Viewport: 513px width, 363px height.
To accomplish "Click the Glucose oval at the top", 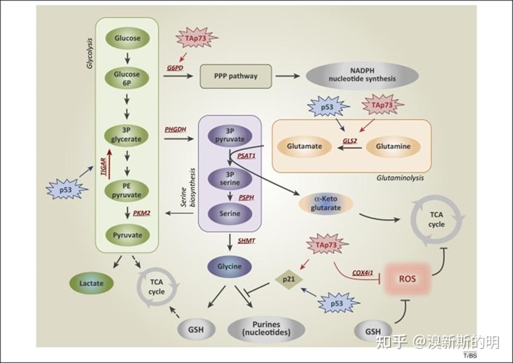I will pyautogui.click(x=127, y=38).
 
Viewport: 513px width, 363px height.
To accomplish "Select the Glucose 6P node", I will pyautogui.click(x=127, y=78).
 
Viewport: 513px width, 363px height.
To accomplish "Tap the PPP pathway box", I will pyautogui.click(x=236, y=76).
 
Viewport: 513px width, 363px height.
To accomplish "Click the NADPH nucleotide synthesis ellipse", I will pyautogui.click(x=362, y=75).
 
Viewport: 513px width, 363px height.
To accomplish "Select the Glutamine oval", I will pyautogui.click(x=392, y=147).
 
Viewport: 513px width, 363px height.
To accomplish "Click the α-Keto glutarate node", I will pyautogui.click(x=326, y=204).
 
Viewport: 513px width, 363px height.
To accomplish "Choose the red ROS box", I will pyautogui.click(x=406, y=280).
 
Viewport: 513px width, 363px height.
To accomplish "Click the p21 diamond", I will pyautogui.click(x=288, y=279).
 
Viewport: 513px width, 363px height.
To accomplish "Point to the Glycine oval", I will pyautogui.click(x=230, y=266).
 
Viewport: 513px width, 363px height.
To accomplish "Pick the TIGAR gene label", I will pyautogui.click(x=104, y=165).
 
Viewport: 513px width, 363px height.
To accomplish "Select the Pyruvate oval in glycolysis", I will pyautogui.click(x=127, y=234).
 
